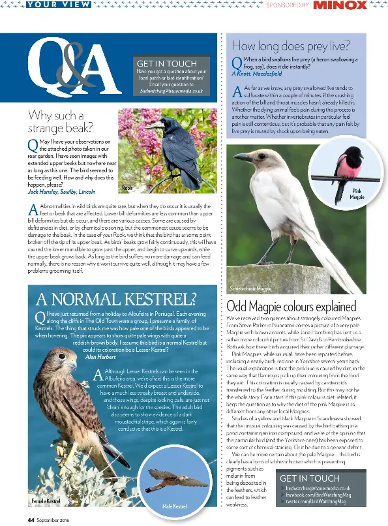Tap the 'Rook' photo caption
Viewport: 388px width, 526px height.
pos(127,188)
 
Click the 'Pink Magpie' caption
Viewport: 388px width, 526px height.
pos(357,194)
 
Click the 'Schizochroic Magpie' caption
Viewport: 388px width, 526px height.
pos(251,288)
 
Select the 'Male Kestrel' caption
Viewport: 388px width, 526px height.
pos(174,506)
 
